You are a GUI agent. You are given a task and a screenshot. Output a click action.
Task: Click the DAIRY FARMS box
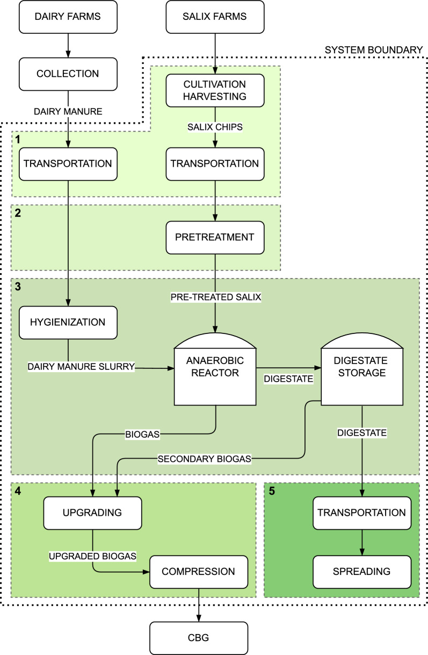click(x=68, y=16)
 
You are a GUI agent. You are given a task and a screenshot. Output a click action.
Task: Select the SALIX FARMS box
click(x=215, y=16)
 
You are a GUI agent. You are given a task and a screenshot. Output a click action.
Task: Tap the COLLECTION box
click(x=68, y=74)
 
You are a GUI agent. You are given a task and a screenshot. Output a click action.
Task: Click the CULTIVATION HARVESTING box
click(x=215, y=90)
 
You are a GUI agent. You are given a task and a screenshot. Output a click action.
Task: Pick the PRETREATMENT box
click(x=215, y=237)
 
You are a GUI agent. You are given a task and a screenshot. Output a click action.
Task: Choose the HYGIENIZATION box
click(x=68, y=323)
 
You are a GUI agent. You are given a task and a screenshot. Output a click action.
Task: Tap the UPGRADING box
click(x=92, y=513)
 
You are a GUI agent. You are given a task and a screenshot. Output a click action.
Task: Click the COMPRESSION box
click(x=199, y=571)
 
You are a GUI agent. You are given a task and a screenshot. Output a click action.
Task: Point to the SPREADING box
click(x=361, y=571)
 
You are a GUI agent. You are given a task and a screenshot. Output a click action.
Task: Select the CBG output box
click(x=199, y=638)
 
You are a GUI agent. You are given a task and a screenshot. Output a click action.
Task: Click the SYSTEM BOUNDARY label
click(x=374, y=50)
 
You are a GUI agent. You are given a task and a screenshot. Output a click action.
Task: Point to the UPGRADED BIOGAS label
click(x=92, y=553)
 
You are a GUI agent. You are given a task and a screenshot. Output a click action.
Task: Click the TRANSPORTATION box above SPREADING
click(x=361, y=513)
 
